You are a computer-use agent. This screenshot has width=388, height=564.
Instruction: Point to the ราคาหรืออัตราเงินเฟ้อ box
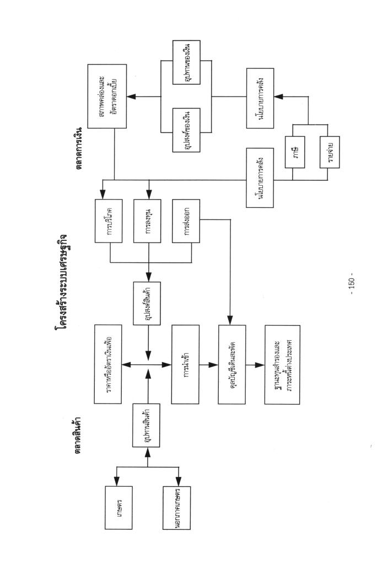click(111, 364)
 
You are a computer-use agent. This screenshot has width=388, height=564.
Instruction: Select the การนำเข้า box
click(185, 364)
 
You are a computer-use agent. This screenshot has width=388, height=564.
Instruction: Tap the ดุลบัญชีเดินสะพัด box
click(231, 364)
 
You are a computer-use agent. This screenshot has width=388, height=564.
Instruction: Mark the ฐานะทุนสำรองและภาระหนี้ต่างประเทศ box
click(282, 364)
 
